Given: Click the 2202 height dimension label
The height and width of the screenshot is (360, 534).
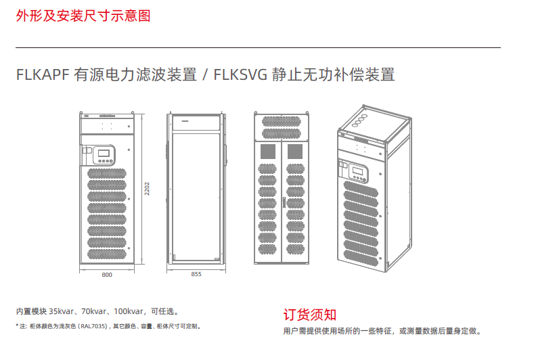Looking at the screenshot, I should [x=147, y=189].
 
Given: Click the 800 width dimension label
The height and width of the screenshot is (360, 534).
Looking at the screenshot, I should [x=107, y=275].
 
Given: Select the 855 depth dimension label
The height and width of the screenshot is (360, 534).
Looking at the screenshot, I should [x=196, y=275].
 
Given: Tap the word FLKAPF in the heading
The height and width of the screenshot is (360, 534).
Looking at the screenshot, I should [x=43, y=75].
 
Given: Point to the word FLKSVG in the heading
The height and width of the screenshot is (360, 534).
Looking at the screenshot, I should [x=239, y=75].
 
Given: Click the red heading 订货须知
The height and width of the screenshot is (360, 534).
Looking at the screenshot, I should [x=309, y=315].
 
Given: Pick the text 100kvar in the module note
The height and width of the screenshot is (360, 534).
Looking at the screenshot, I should [x=129, y=312].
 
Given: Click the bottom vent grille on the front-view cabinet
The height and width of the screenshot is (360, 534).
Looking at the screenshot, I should [x=107, y=254].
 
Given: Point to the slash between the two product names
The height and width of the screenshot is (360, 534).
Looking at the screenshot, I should [x=204, y=75].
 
